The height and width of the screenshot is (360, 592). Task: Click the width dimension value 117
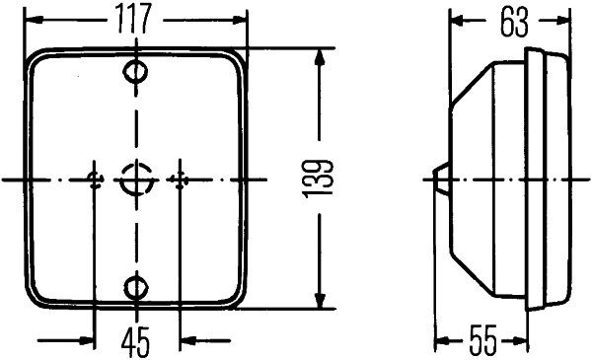[135, 19]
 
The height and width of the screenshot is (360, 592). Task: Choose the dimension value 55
[485, 341]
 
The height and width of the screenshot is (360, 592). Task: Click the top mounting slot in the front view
[135, 72]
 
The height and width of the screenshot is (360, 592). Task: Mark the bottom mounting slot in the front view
[135, 287]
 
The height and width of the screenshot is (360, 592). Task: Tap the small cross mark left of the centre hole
[95, 179]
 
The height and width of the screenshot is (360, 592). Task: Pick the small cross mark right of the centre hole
[179, 179]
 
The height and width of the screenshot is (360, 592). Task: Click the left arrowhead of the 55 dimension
[441, 341]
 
